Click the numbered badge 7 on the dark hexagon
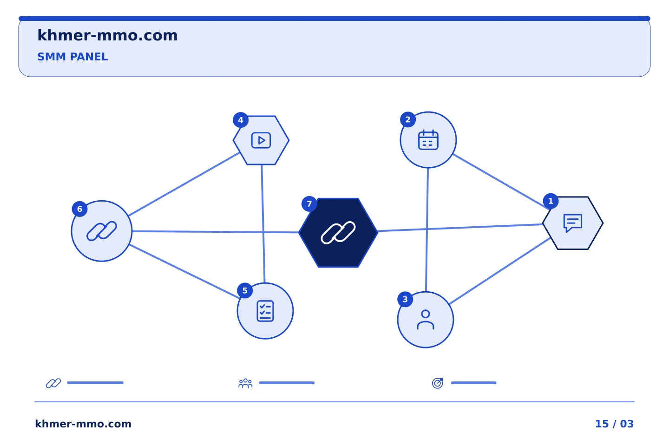[x=309, y=204]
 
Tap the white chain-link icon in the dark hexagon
[x=338, y=232]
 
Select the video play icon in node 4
[x=261, y=140]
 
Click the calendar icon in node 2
[x=428, y=140]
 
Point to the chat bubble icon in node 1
[x=572, y=223]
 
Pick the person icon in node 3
[x=425, y=320]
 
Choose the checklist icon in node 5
[x=265, y=311]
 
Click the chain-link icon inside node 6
[x=102, y=231]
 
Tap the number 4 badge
[x=241, y=120]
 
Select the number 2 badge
[x=408, y=120]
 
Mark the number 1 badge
[x=551, y=201]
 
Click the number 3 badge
[x=405, y=299]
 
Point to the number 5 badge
[x=245, y=291]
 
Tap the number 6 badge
[x=80, y=209]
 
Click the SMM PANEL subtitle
[x=72, y=57]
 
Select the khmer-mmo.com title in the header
[x=107, y=35]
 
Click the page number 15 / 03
[x=614, y=424]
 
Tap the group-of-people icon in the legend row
[x=245, y=383]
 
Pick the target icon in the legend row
[x=438, y=383]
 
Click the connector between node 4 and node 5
[x=263, y=223]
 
